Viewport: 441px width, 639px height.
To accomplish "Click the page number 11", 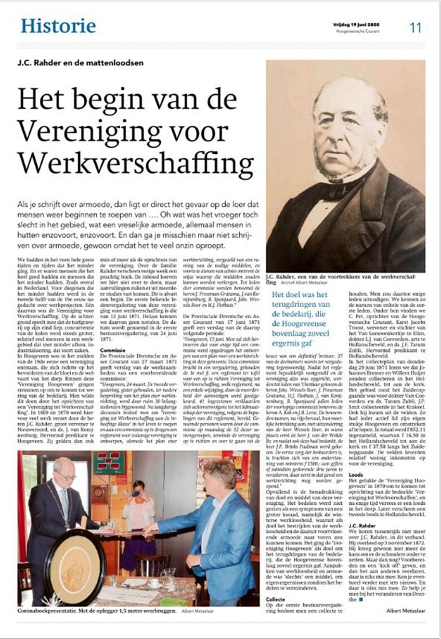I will (415, 27).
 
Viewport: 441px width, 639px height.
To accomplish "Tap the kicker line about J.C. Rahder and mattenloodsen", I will (81, 62).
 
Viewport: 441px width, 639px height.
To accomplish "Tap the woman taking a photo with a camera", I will (138, 510).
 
